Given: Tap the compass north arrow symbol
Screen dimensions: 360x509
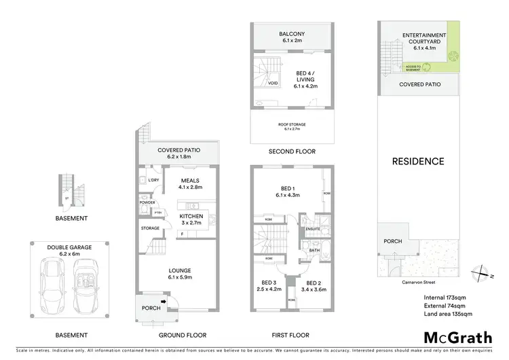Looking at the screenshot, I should point(483,274).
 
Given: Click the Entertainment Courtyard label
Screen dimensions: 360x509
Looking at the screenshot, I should point(423,39).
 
